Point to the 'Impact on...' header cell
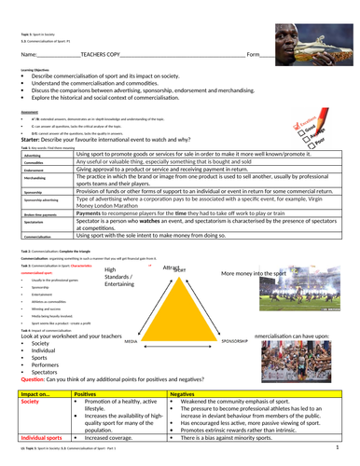pos(35,395)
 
